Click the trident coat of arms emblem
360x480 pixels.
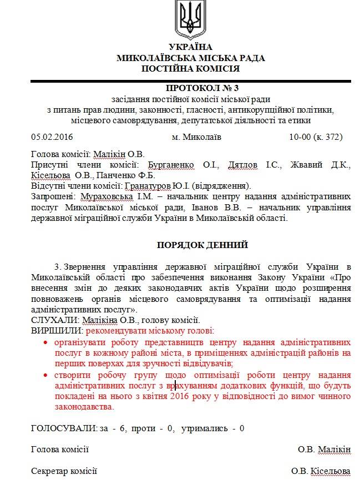click(190, 18)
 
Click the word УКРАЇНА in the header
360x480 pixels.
click(190, 47)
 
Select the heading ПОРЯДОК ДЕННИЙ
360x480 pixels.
click(190, 245)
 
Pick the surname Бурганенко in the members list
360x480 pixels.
click(170, 165)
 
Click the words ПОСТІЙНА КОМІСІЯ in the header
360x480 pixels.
click(190, 69)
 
